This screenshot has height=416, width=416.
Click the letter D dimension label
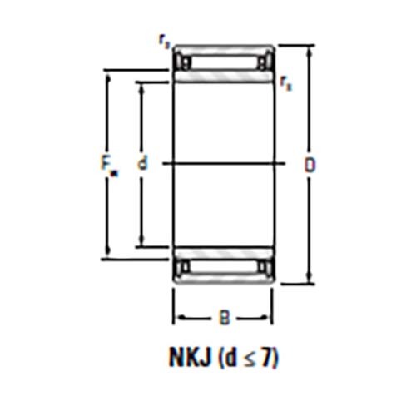[309, 165]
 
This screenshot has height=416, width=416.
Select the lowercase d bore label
[142, 165]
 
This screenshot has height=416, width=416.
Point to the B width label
[223, 316]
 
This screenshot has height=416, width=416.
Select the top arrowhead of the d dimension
[143, 85]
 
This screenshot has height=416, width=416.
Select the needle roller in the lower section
[223, 267]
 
